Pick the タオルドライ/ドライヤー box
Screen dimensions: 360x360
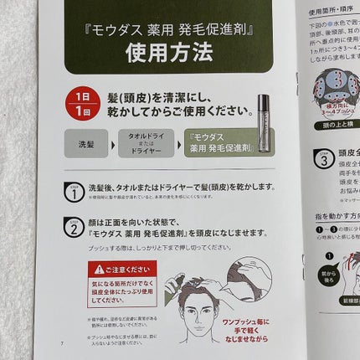pos(148,144)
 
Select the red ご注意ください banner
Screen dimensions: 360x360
pos(121,270)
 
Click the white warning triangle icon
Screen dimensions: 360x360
pos(99,270)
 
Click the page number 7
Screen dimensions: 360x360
pos(61,344)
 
